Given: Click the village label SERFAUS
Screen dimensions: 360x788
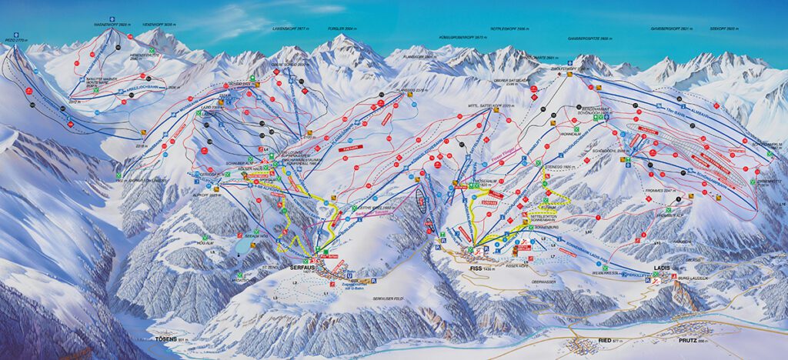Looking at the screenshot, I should [302, 266].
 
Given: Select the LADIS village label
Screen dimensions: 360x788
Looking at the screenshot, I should [661, 268].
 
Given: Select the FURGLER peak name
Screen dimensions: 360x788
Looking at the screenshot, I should [341, 27].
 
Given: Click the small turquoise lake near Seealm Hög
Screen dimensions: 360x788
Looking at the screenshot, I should [243, 245].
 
